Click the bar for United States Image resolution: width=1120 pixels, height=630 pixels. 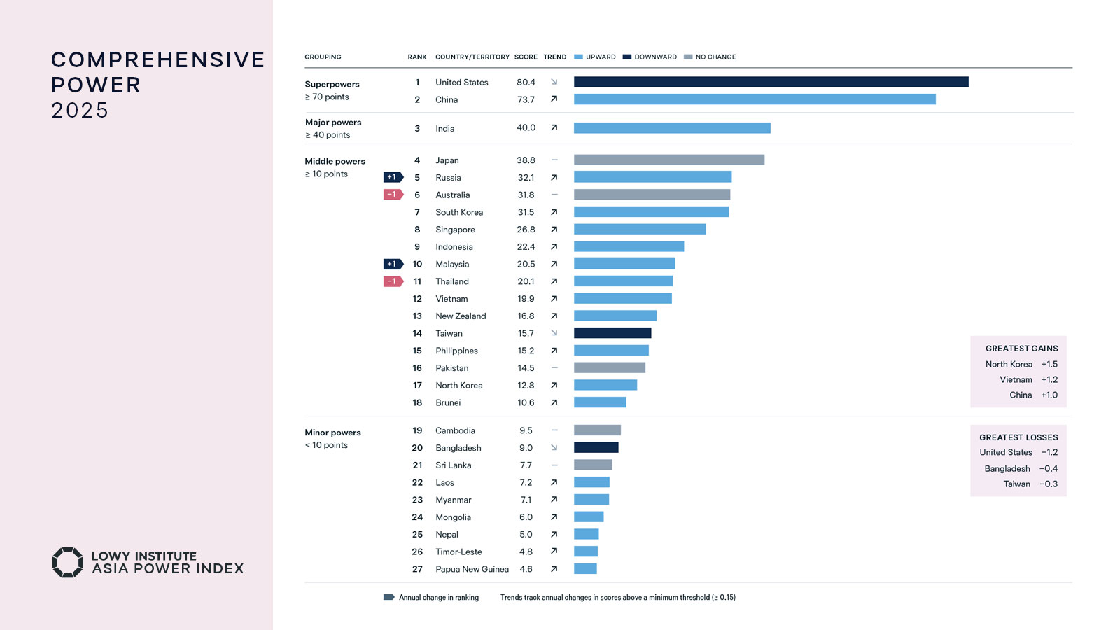pos(771,82)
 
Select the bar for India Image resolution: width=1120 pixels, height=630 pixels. pos(672,128)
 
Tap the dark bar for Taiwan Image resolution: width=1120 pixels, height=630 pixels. pos(612,333)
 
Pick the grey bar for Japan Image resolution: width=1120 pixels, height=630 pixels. pos(669,160)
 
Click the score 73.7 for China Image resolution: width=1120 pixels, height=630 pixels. pos(526,99)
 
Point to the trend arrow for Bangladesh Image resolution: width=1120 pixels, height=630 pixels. pos(554,447)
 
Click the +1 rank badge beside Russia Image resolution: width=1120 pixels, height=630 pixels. pos(393,177)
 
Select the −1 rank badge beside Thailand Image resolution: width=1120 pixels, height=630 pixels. pos(393,281)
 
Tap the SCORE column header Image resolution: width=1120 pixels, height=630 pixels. pos(526,57)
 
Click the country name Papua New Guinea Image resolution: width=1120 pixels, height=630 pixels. pos(472,569)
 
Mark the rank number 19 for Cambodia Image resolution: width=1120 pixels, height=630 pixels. pos(417,430)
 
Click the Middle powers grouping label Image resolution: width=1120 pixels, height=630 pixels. pos(335,161)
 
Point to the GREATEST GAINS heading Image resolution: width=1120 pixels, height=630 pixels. pos(1021,349)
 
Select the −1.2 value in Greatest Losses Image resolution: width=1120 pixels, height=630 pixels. pos(1049,452)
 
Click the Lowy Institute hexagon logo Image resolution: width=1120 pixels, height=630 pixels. pos(68,562)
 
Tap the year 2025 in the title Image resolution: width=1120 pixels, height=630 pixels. pos(80,110)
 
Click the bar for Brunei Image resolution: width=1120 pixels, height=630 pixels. pos(600,402)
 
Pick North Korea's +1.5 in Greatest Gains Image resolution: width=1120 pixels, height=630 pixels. pos(1049,364)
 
